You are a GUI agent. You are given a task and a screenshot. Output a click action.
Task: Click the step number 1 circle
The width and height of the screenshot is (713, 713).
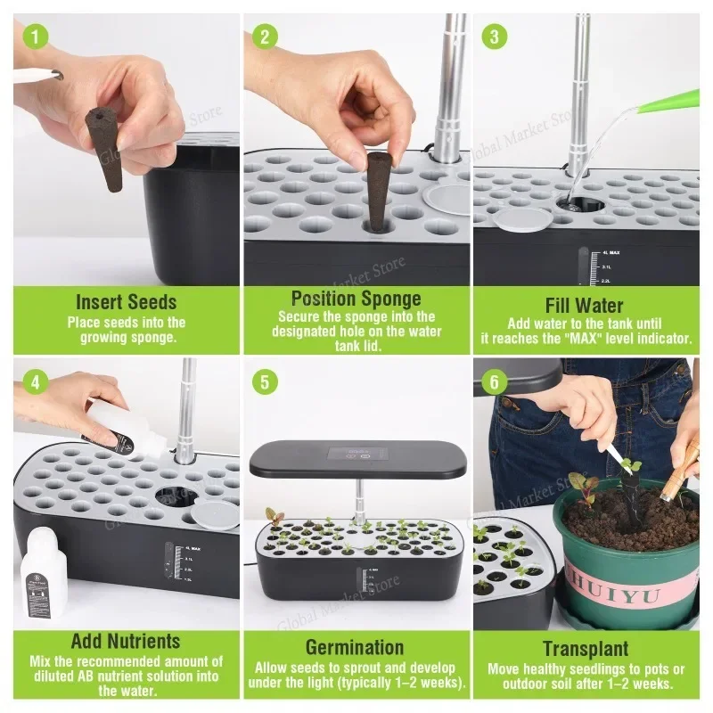coord(35,37)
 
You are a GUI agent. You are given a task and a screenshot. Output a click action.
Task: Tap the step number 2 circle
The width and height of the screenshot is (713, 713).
coord(265,37)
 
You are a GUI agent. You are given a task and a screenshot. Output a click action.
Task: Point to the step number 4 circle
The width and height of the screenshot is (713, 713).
coord(35,382)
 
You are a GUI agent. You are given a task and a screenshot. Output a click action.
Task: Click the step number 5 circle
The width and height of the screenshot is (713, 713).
coord(265,382)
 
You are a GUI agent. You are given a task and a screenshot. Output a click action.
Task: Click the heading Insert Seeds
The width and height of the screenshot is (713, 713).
coord(126,302)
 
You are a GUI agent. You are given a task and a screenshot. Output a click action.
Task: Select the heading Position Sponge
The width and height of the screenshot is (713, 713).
coord(356,298)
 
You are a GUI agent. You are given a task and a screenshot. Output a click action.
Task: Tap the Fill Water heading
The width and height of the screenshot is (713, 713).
coord(585,305)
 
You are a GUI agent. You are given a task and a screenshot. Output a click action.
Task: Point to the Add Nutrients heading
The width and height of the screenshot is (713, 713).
coord(126,641)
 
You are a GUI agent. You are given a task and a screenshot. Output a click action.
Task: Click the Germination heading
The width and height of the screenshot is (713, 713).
coord(356,647)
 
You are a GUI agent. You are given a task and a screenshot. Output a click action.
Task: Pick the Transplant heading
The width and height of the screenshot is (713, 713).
coord(585,648)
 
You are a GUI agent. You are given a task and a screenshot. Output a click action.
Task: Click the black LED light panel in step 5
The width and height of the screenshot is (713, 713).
coord(356,457)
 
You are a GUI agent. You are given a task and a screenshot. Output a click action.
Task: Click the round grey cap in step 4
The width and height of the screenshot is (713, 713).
coord(211,512)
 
